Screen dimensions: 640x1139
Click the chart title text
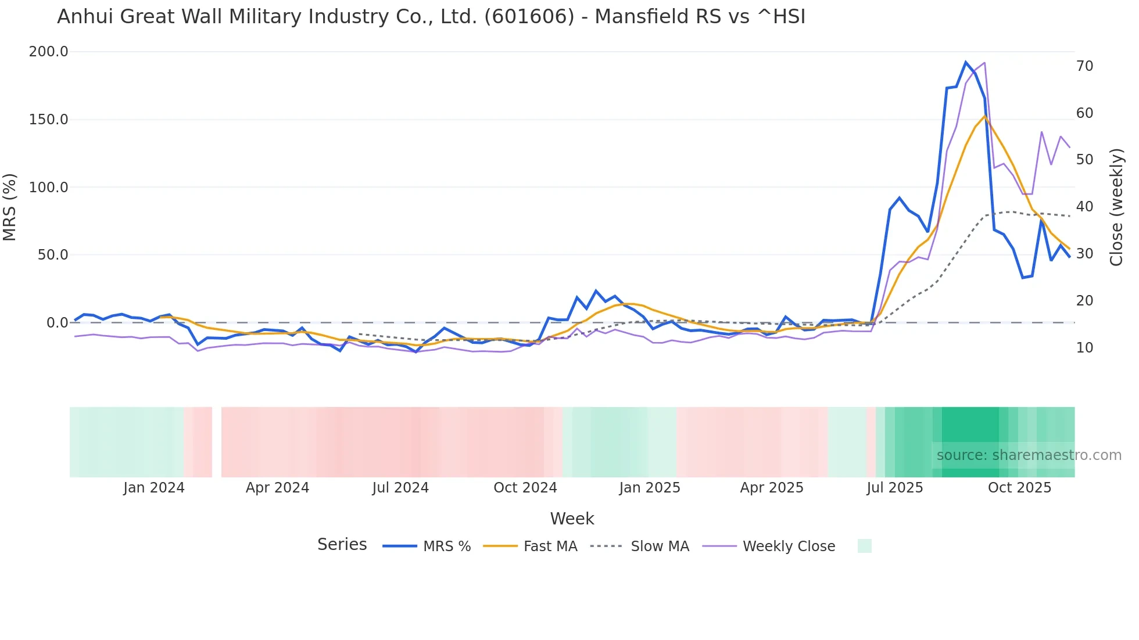[x=431, y=17]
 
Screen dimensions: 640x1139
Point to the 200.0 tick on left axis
[x=49, y=52]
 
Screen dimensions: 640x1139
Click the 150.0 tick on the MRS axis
[x=49, y=120]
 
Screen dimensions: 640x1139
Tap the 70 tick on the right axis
[x=1084, y=66]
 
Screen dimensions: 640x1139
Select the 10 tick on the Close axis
[x=1084, y=348]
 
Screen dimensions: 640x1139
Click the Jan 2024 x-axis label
[x=154, y=488]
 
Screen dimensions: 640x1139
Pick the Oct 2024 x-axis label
[x=525, y=488]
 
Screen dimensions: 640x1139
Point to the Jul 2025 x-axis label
[x=894, y=488]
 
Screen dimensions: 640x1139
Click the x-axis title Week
[x=572, y=519]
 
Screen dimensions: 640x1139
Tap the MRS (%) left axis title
[x=10, y=207]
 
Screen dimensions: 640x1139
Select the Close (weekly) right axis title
[x=1116, y=207]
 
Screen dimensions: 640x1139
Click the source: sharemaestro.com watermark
[x=1029, y=455]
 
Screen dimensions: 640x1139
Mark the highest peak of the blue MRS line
[x=966, y=62]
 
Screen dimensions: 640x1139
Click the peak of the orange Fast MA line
[x=985, y=116]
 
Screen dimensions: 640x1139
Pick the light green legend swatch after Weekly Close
[x=864, y=546]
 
